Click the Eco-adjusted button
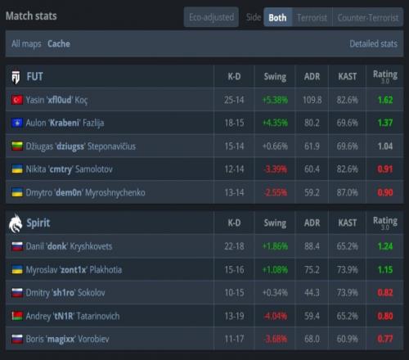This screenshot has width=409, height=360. point(211,17)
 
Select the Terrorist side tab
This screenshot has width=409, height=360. point(312,17)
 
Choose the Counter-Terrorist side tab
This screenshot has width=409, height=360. point(368,17)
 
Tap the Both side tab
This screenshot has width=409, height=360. point(277,17)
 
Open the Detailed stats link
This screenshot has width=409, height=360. point(373,43)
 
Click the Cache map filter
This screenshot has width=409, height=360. point(59,43)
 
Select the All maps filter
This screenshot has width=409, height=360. point(26,43)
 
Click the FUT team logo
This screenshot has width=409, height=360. point(16,77)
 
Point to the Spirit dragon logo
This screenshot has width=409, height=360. point(16,223)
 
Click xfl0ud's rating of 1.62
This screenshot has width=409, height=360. point(385,100)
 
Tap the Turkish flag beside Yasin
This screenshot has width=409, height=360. point(17,100)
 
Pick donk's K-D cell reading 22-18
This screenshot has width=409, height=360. point(234,246)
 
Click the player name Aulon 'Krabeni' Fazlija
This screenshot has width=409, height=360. point(65,123)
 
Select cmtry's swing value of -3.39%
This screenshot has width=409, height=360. point(275,169)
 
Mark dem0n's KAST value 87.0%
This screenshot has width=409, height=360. point(347,192)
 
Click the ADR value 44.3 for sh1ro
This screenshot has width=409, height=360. point(312,293)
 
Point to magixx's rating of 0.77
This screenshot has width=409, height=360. point(385,339)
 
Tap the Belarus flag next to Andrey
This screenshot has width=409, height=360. point(17,316)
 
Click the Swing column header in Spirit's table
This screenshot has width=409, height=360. point(275,223)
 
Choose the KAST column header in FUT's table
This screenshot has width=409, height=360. point(347,77)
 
